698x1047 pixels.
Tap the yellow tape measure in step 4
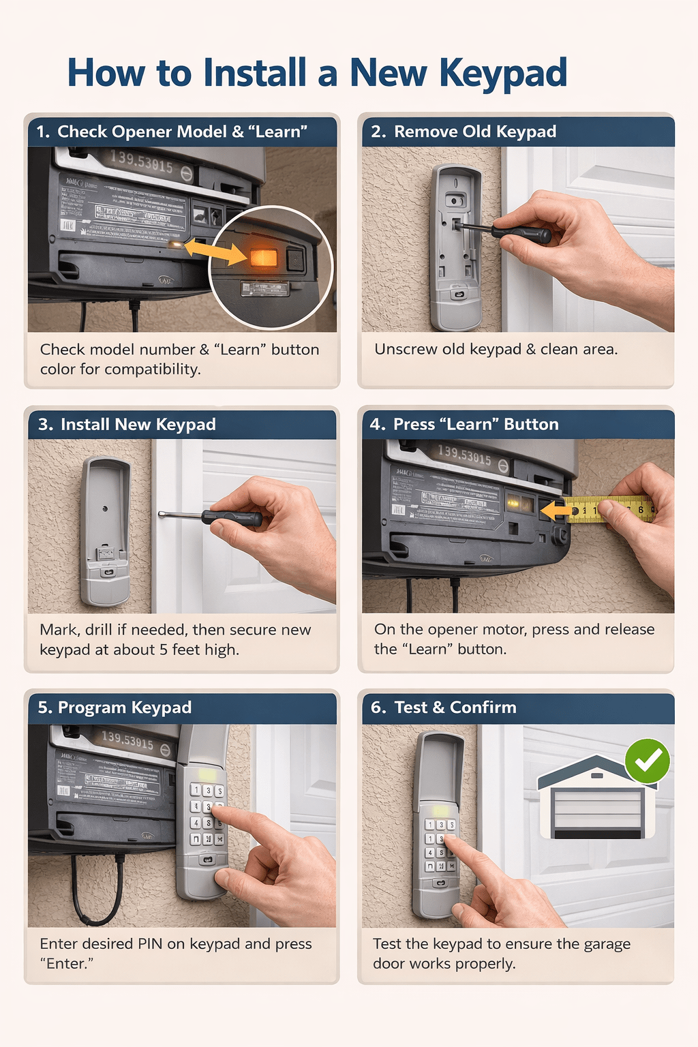610,510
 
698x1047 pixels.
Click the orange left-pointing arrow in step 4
556,510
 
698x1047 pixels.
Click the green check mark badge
648,761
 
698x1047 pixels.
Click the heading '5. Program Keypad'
115,708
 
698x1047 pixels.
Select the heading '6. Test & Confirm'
443,708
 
